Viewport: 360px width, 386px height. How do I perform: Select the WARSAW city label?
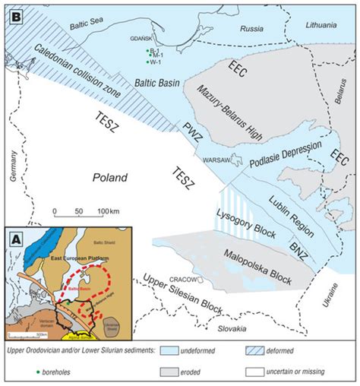pos(211,160)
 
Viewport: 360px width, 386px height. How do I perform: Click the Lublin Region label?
pos(292,215)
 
